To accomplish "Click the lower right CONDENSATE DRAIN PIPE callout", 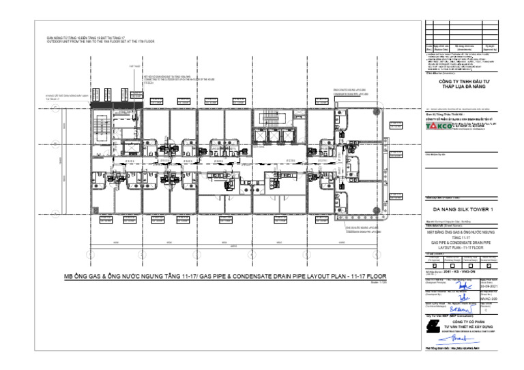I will (x=364, y=232).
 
